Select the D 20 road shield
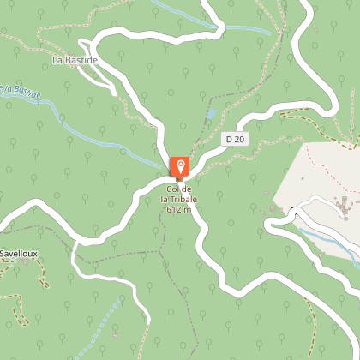(x=236, y=139)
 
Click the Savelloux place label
(x=17, y=254)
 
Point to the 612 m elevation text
(x=180, y=209)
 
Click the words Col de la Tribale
(x=180, y=194)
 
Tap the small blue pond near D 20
(x=211, y=113)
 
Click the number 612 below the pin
(x=175, y=209)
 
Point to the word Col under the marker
(x=173, y=189)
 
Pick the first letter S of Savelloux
(x=3, y=254)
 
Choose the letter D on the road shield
(x=231, y=139)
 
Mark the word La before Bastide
(x=57, y=60)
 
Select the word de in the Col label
(x=188, y=189)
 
